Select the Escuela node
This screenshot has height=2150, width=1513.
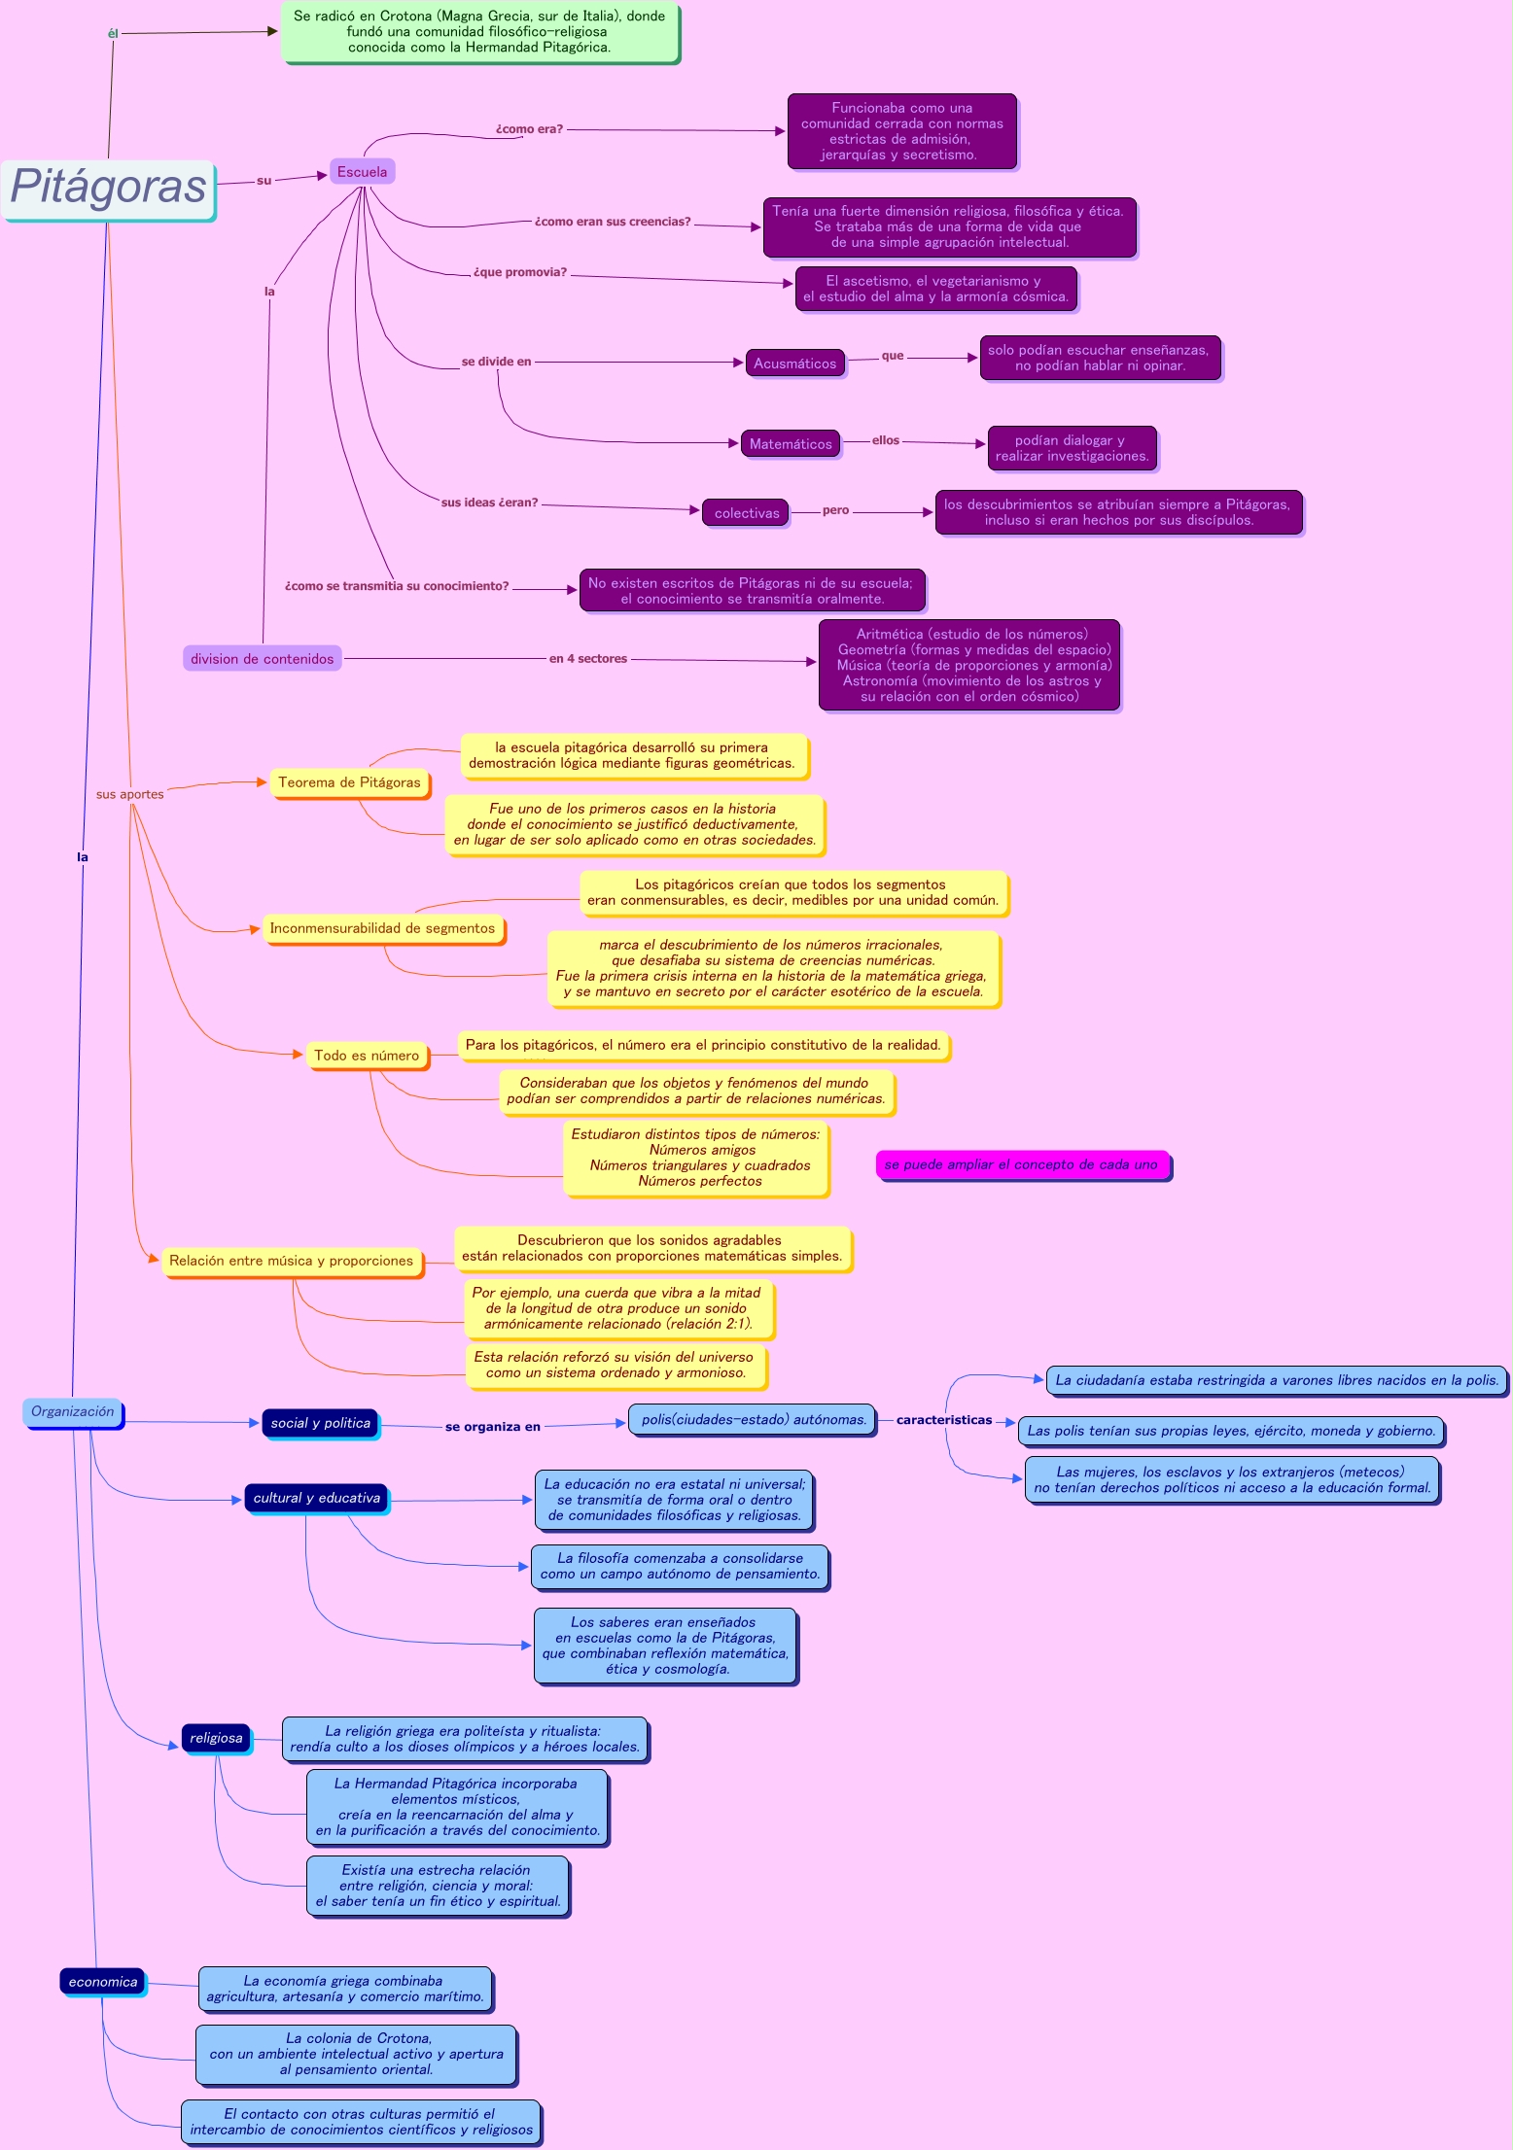click(x=362, y=172)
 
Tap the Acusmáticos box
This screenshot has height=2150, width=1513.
click(x=794, y=364)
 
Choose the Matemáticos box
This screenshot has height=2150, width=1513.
click(x=791, y=444)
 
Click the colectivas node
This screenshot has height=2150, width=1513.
click(x=746, y=513)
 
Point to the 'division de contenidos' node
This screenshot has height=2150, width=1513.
click(x=262, y=659)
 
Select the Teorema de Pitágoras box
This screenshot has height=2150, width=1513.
click(x=349, y=782)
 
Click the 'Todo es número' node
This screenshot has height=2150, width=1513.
click(x=367, y=1056)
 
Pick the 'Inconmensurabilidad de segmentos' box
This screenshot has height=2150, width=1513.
click(x=382, y=928)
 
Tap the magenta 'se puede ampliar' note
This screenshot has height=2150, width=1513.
click(x=1021, y=1164)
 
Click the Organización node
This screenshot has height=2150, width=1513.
click(x=73, y=1412)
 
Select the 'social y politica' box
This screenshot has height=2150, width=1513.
click(x=320, y=1423)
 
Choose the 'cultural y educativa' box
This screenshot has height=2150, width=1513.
click(x=316, y=1498)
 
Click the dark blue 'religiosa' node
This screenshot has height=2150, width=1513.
click(x=216, y=1738)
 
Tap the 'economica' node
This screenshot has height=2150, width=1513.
click(x=103, y=1982)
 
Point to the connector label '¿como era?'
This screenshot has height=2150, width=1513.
click(x=529, y=129)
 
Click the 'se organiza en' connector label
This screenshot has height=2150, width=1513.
click(x=492, y=1427)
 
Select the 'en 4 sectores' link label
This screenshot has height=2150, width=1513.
click(x=587, y=659)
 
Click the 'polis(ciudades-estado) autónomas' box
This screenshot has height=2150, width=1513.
click(x=753, y=1420)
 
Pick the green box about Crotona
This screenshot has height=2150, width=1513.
click(x=479, y=32)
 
